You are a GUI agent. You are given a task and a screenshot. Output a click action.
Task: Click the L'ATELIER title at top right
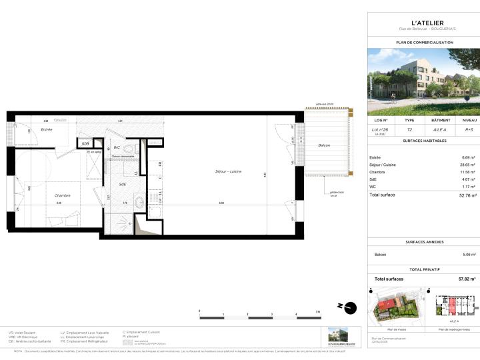424,23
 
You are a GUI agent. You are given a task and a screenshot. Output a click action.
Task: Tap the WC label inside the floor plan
116,147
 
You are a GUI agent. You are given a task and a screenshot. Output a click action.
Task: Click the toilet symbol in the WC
133,148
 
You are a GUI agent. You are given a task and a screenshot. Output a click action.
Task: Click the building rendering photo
424,83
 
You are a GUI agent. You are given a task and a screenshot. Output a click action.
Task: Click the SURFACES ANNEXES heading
424,241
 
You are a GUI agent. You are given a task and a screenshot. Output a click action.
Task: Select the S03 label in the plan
85,143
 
